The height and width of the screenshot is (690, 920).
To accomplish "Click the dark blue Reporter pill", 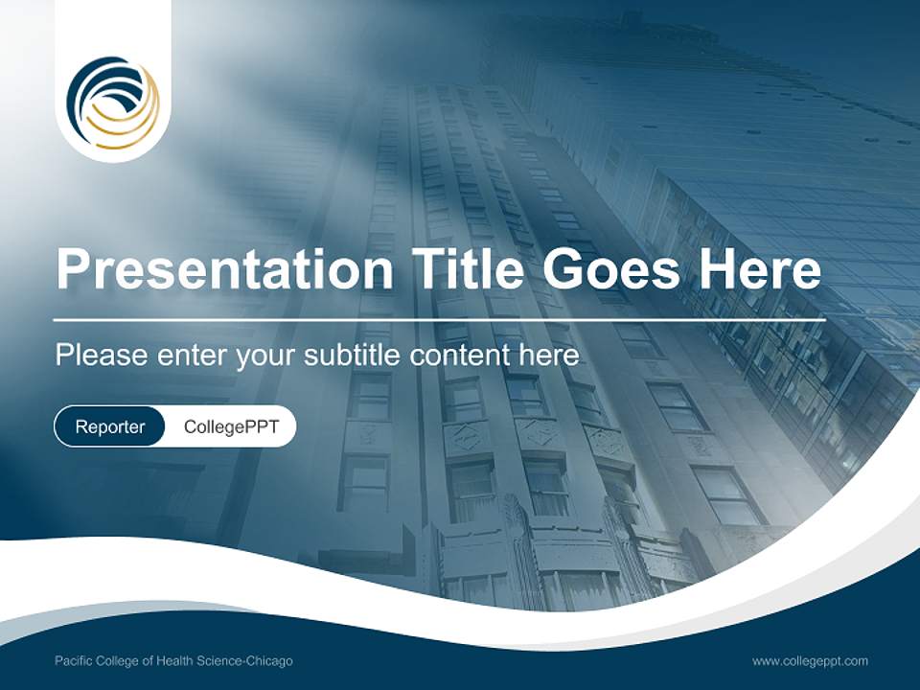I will (110, 426).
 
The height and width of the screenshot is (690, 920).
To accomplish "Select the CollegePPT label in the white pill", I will (231, 426).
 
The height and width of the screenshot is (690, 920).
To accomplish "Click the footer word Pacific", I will (75, 661).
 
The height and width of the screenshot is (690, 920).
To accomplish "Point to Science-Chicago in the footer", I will (254, 661).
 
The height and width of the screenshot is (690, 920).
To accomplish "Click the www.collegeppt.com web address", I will (810, 661).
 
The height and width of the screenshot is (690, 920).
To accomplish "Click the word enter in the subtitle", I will (192, 356).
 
